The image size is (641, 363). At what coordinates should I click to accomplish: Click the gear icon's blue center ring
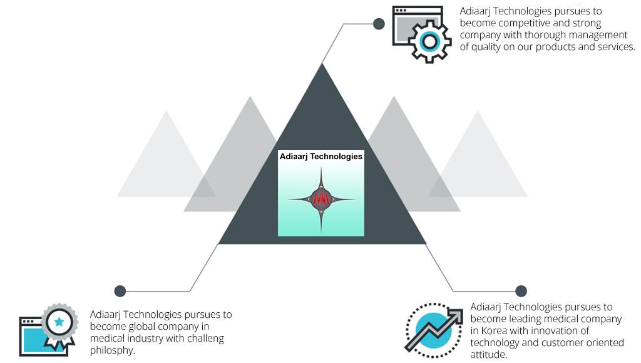(429, 41)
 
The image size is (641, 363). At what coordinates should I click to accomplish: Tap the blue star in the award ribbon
(59, 322)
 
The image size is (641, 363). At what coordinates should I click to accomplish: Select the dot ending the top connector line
(379, 24)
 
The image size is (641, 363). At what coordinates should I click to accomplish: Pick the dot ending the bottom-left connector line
(120, 291)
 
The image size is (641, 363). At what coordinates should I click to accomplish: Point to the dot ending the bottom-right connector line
(521, 291)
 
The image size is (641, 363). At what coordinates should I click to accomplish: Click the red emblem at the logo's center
(321, 199)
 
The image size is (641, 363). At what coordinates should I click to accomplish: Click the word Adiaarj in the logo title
(294, 156)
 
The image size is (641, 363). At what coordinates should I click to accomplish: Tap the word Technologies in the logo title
(336, 156)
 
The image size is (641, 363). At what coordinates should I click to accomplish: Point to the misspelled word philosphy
(113, 350)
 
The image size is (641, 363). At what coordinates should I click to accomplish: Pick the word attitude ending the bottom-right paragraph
(488, 354)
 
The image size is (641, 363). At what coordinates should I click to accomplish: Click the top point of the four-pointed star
(321, 167)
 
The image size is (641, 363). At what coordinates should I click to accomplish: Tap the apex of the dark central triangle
(322, 63)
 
